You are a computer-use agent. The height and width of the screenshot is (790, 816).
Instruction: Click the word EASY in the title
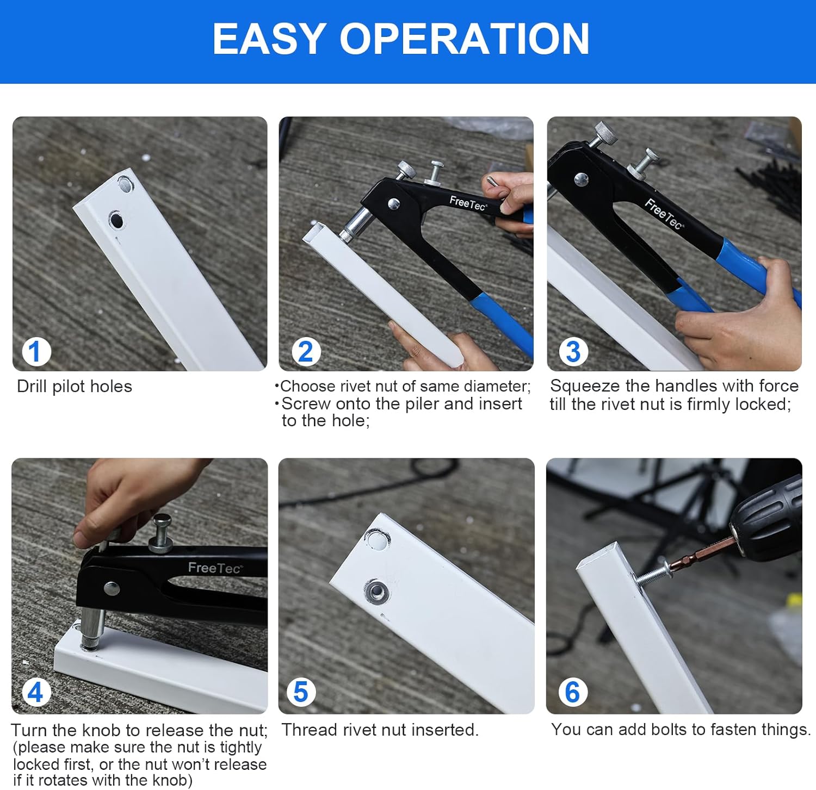(x=269, y=39)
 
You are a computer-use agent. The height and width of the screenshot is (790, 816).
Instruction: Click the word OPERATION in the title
(x=465, y=39)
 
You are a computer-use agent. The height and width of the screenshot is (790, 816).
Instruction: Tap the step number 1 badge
(x=36, y=352)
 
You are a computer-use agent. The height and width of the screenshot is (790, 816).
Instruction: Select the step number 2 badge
(x=306, y=352)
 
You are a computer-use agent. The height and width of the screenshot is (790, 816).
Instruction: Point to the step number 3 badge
(x=573, y=352)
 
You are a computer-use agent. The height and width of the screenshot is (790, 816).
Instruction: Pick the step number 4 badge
(x=36, y=692)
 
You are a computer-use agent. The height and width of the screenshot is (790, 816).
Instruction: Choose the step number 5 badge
(x=301, y=692)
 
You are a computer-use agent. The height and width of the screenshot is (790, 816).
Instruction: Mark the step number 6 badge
(x=573, y=692)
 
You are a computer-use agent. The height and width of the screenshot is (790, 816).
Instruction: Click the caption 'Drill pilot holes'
(x=75, y=387)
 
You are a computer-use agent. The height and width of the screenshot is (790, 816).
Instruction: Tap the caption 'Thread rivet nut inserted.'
(x=380, y=730)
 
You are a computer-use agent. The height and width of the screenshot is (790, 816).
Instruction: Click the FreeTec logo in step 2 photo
(x=468, y=203)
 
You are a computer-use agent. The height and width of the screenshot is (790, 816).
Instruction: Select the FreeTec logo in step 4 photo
(x=215, y=568)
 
